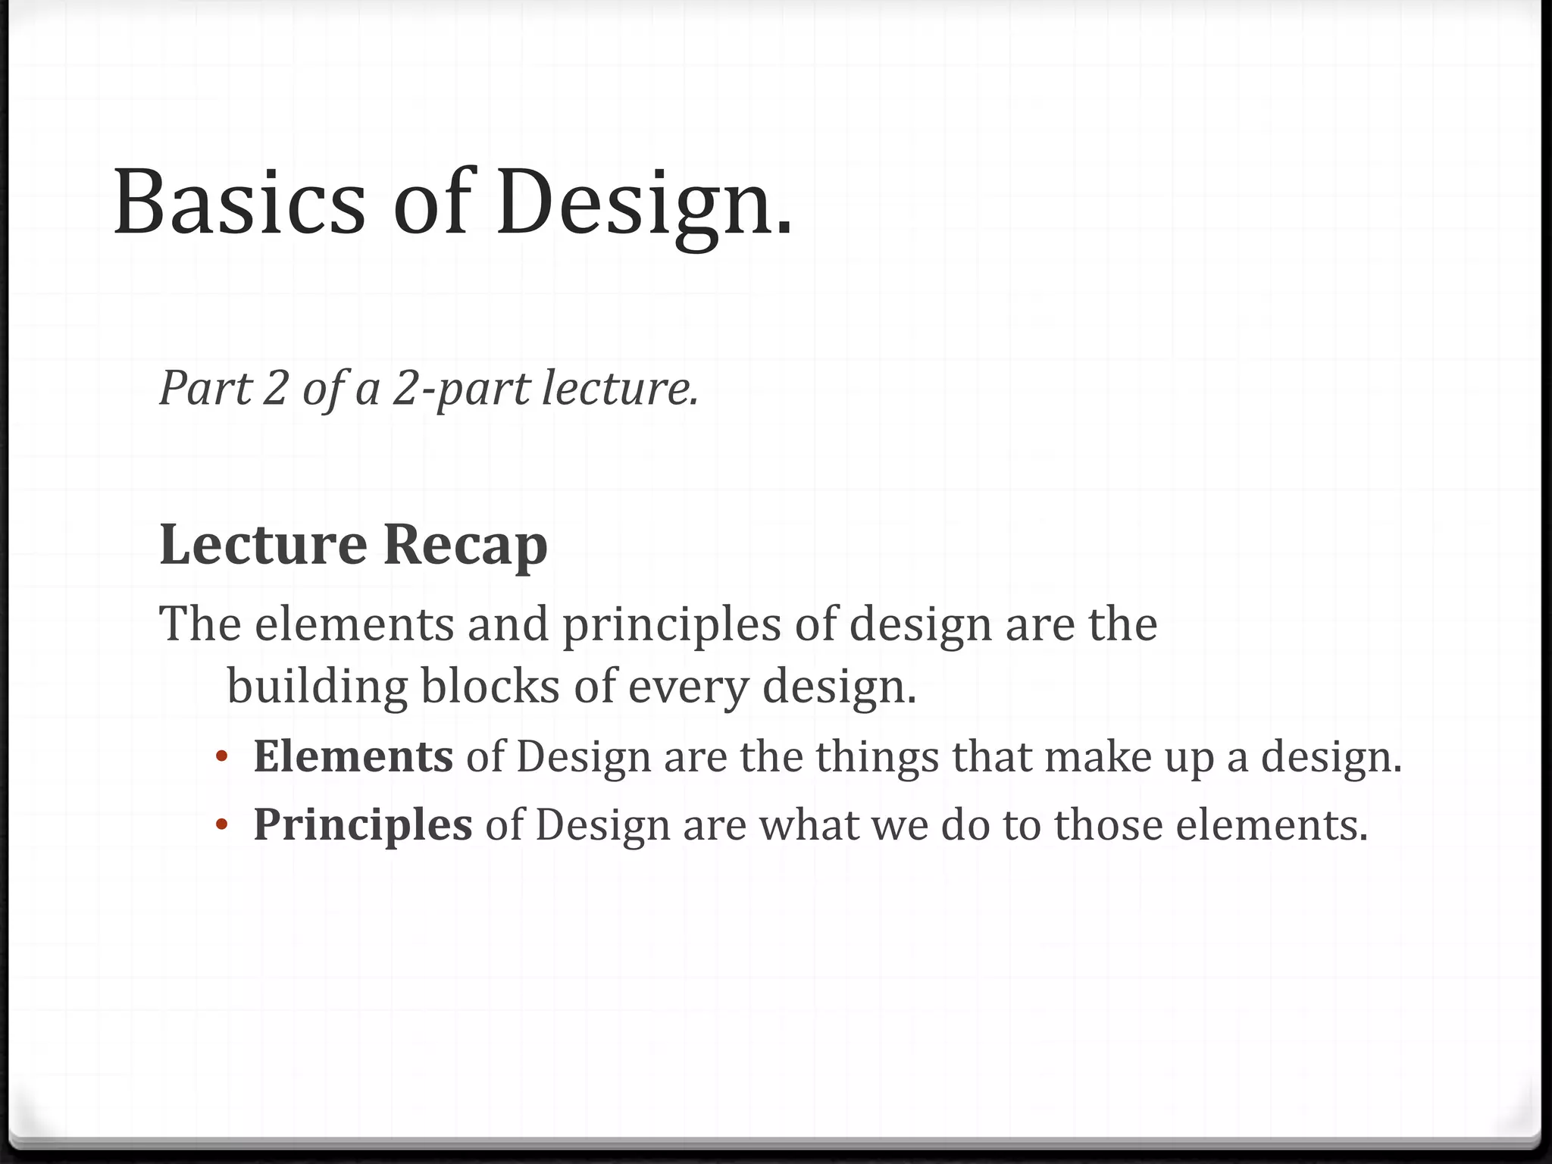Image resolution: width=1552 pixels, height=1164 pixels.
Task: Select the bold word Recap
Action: click(x=465, y=545)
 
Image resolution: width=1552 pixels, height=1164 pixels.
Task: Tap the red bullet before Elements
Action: click(x=221, y=756)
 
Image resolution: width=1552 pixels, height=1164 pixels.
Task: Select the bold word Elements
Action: click(x=353, y=756)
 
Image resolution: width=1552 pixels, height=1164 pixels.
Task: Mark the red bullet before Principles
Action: click(x=221, y=824)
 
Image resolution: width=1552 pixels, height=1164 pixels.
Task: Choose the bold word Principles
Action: click(x=362, y=826)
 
